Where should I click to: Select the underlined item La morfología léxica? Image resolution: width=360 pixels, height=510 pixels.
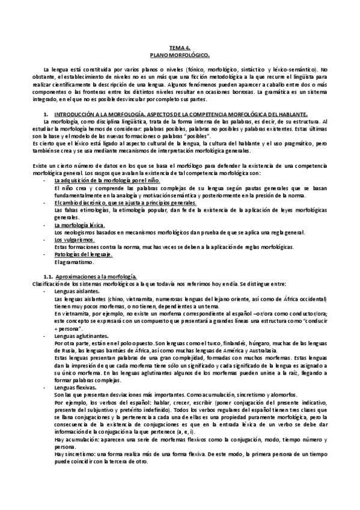(x=75, y=225)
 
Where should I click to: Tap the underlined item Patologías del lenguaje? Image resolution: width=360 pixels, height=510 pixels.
(x=83, y=254)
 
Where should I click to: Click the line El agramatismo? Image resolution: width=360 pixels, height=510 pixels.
(x=70, y=262)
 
